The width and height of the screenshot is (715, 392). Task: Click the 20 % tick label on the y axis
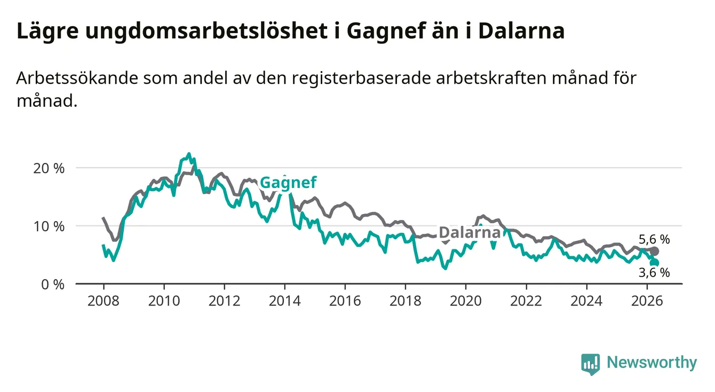[49, 168]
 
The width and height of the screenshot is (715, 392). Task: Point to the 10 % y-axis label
[49, 226]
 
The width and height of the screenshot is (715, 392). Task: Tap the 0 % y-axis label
[53, 284]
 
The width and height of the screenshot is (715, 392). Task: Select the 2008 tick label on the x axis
[104, 301]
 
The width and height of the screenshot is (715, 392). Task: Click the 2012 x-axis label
[225, 301]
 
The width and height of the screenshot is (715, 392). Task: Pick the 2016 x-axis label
[345, 301]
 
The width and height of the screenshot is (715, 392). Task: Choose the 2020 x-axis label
[466, 301]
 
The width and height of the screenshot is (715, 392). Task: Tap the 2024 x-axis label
[586, 301]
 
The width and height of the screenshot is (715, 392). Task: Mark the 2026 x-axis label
[647, 301]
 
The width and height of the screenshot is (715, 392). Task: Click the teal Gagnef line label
[288, 183]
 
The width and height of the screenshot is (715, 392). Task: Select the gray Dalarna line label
[470, 232]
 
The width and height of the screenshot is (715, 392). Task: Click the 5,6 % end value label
[654, 239]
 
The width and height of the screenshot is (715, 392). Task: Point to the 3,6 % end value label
[654, 272]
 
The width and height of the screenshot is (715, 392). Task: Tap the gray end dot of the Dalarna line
[654, 252]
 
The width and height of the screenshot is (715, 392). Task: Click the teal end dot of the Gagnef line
[655, 263]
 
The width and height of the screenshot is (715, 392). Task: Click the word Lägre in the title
[47, 32]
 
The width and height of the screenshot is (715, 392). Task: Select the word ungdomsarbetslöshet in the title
[206, 32]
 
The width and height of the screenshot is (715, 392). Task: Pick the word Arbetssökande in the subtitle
[77, 78]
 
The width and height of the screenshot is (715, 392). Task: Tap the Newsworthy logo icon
[591, 364]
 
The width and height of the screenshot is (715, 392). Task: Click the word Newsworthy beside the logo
[652, 363]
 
